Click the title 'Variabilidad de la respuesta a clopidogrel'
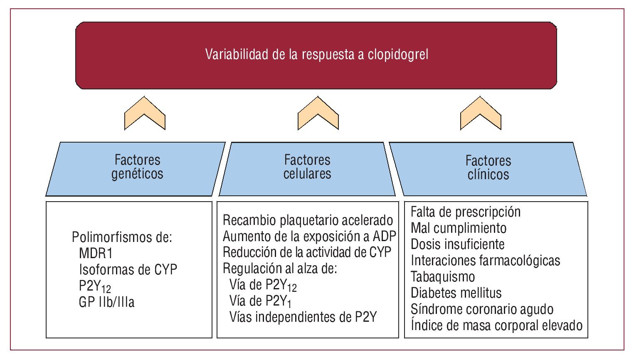(x=316, y=54)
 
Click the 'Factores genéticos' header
(x=137, y=167)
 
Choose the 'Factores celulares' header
(x=307, y=167)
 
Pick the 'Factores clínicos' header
(x=488, y=168)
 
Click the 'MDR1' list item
(x=96, y=253)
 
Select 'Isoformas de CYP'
(x=128, y=269)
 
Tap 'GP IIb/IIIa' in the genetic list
(x=106, y=302)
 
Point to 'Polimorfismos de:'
(x=122, y=237)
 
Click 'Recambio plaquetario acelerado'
(x=308, y=220)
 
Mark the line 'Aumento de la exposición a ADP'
(x=309, y=236)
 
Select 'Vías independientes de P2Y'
(x=303, y=317)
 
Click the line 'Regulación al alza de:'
(x=280, y=269)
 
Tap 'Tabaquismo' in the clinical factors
(x=443, y=276)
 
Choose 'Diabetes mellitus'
(x=456, y=293)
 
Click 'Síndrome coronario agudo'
(x=482, y=309)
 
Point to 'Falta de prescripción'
(x=466, y=212)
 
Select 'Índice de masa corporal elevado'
(x=496, y=325)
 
